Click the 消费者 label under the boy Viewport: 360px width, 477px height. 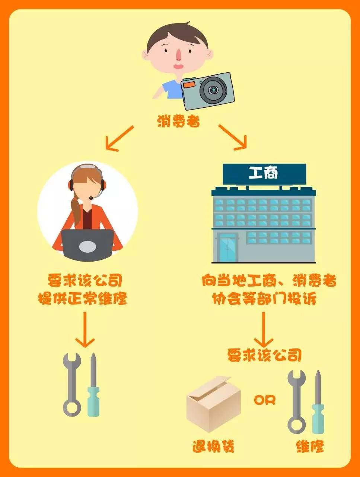[178, 121]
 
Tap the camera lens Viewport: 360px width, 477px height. [213, 90]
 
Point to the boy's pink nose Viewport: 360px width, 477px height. [178, 54]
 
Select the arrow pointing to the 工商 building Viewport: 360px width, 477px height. [233, 137]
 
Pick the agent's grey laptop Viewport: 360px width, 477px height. [87, 245]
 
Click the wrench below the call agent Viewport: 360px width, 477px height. [72, 385]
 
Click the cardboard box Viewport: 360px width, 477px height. [214, 402]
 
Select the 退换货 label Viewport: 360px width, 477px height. [214, 446]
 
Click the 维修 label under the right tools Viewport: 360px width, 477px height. [310, 446]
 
